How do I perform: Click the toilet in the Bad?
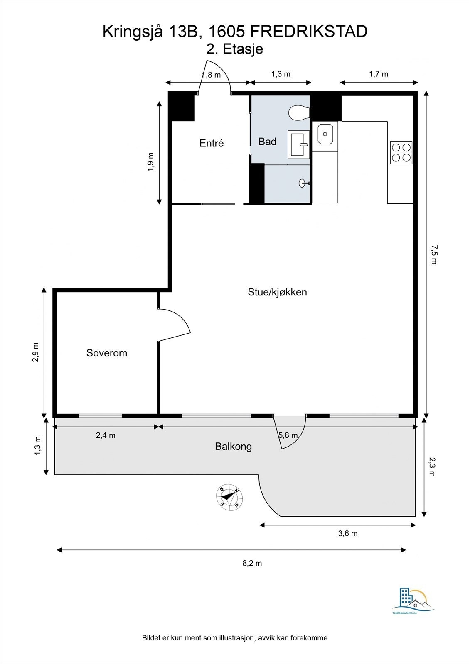tap(298, 112)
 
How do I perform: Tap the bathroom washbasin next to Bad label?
tap(299, 145)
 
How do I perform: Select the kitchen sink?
tap(325, 134)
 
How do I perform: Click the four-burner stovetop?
tap(401, 152)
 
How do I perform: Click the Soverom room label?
tap(106, 353)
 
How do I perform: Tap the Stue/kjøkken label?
tap(277, 292)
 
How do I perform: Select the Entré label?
tap(212, 143)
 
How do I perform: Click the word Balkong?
tap(233, 447)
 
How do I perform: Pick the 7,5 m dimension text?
tap(433, 255)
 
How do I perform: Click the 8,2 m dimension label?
tap(252, 563)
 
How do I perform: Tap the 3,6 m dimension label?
tap(347, 533)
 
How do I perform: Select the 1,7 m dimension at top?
tap(379, 74)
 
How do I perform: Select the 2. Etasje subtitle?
tap(235, 49)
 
